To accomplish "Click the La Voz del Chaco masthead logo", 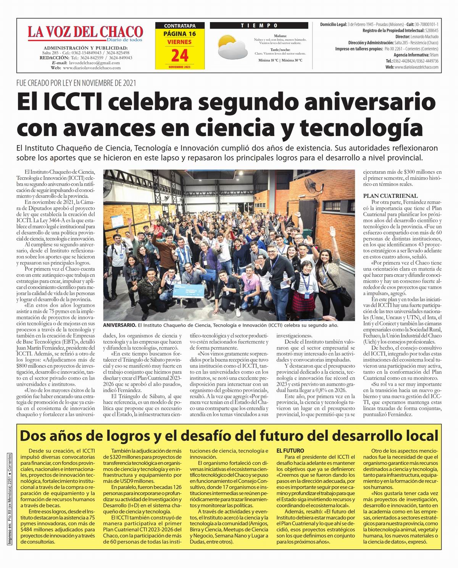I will click(85, 33).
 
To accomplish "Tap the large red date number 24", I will click(180, 56).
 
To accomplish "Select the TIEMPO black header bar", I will click(259, 26).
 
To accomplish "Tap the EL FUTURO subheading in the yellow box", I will click(290, 451).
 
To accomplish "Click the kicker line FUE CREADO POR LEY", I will click(76, 83).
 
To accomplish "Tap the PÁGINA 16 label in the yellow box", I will click(179, 34).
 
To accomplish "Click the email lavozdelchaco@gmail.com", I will click(94, 63).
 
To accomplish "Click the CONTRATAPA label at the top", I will click(179, 26).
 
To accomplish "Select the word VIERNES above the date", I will click(179, 42).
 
